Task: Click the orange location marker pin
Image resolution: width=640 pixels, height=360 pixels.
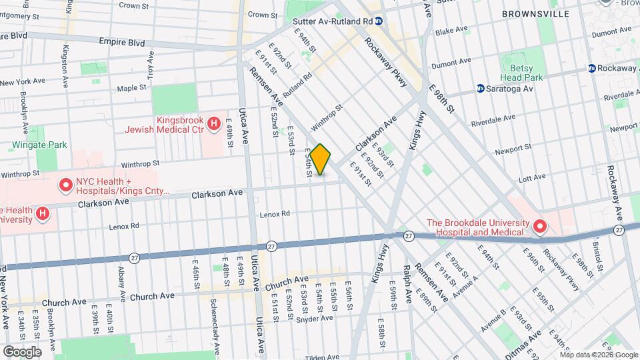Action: tap(320, 159)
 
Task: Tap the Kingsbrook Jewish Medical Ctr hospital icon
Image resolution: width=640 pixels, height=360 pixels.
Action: tap(213, 123)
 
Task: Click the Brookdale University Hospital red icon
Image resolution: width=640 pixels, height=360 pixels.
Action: tap(540, 227)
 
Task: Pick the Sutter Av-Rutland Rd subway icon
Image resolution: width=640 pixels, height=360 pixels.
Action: tap(378, 21)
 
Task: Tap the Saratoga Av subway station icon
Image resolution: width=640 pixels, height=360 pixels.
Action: tap(481, 88)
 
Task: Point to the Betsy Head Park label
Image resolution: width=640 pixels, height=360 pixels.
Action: tap(522, 73)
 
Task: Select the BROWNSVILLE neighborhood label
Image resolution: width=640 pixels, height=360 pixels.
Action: tap(535, 13)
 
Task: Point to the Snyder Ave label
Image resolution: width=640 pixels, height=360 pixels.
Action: tap(315, 318)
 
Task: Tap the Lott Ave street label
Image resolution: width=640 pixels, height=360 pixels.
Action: tap(531, 179)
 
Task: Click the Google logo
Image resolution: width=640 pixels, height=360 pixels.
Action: tap(22, 351)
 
